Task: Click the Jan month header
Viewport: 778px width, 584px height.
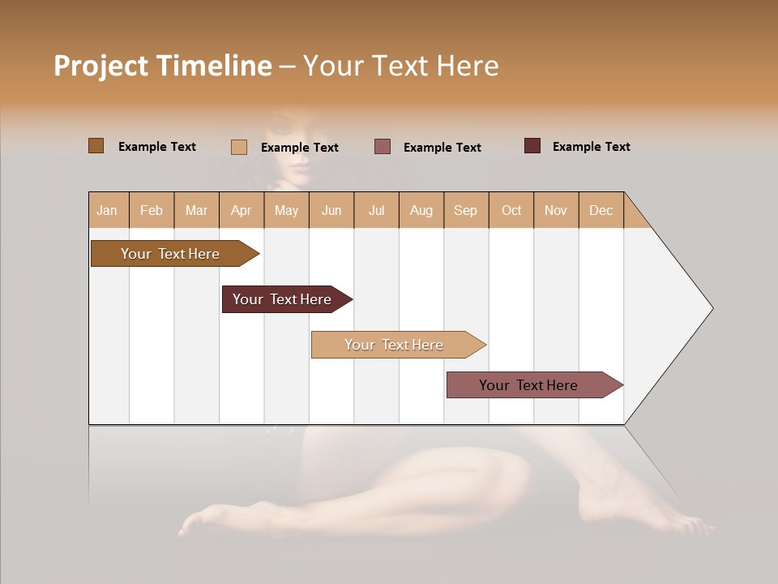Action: pyautogui.click(x=107, y=210)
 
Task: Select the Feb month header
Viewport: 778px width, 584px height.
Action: pyautogui.click(x=152, y=210)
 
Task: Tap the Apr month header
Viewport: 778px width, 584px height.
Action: pyautogui.click(x=241, y=210)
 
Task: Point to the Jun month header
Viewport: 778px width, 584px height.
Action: pyautogui.click(x=331, y=210)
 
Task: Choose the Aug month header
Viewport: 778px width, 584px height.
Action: pyautogui.click(x=421, y=210)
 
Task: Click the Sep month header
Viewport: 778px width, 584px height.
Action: pyautogui.click(x=465, y=210)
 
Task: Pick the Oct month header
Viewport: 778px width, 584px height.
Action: pyautogui.click(x=511, y=210)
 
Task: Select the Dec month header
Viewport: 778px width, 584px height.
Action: pyautogui.click(x=601, y=210)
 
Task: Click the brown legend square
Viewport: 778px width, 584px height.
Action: pyautogui.click(x=96, y=146)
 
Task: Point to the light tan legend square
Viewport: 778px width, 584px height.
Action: pyautogui.click(x=239, y=147)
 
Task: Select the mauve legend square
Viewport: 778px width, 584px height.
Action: pyautogui.click(x=383, y=146)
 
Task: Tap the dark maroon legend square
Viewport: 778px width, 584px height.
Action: pyautogui.click(x=532, y=146)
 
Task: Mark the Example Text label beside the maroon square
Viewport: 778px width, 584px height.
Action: pyautogui.click(x=591, y=147)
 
